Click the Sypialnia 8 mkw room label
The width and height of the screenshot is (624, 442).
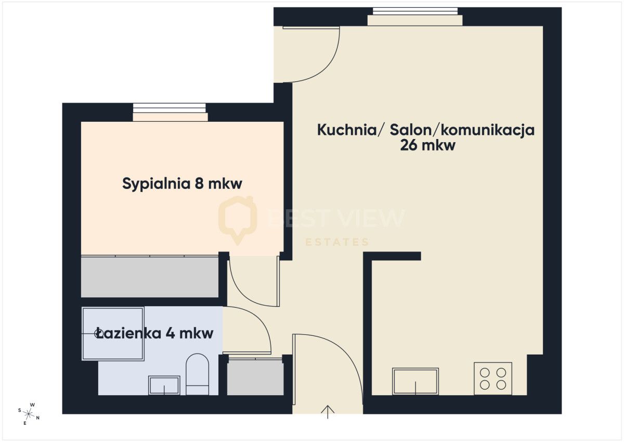click(183, 184)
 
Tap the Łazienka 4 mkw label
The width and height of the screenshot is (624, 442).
click(155, 333)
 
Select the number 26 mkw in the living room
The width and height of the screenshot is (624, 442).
click(427, 145)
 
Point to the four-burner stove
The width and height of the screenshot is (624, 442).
click(493, 378)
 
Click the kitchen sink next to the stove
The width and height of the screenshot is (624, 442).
click(415, 381)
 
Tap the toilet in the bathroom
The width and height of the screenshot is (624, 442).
click(197, 374)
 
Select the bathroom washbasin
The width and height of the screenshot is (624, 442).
click(164, 385)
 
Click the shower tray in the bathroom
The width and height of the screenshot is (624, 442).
click(113, 334)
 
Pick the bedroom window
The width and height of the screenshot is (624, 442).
click(170, 111)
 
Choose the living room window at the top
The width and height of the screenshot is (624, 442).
click(415, 16)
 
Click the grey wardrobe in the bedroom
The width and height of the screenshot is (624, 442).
click(150, 277)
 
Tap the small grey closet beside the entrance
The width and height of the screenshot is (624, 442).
click(255, 376)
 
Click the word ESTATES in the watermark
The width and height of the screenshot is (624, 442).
click(337, 242)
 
